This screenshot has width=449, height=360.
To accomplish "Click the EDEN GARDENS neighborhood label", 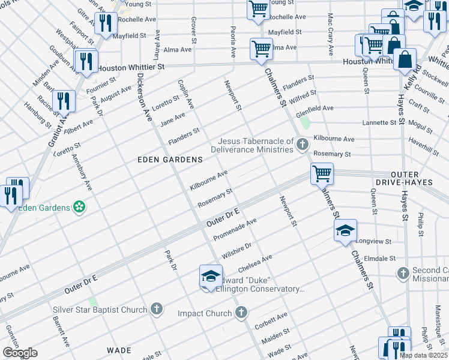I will (x=170, y=160).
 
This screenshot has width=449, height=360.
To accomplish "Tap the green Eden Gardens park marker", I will (x=79, y=208).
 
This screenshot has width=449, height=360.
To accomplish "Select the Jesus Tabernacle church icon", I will (x=303, y=143).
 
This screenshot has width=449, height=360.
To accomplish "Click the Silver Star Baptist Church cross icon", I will (x=156, y=310).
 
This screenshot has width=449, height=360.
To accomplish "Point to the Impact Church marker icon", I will (x=241, y=313).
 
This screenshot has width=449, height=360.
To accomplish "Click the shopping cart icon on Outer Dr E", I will (x=322, y=173).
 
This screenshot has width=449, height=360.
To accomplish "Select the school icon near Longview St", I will (x=345, y=231).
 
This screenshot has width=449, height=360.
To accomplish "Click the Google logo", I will (x=20, y=353).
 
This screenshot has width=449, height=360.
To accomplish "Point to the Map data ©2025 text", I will (x=423, y=355).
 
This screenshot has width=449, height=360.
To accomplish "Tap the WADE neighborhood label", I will (x=119, y=350).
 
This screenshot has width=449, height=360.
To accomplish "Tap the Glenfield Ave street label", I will (x=318, y=108).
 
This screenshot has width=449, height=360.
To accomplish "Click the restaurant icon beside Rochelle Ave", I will (x=106, y=23).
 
